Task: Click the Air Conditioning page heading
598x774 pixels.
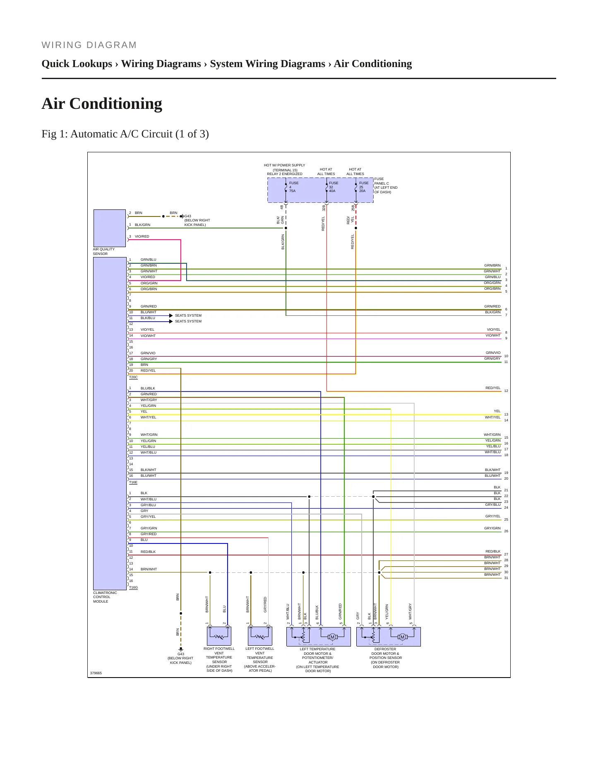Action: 102,103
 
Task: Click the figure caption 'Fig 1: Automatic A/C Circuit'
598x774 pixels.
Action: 125,134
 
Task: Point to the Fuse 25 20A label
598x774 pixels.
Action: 363,187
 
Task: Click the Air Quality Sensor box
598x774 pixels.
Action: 110,228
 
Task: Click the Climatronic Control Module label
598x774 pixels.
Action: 105,597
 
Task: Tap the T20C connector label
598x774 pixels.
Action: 133,377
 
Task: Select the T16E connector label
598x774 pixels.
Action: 133,482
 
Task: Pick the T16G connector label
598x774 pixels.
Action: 133,587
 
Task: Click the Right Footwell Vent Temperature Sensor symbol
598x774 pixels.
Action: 219,636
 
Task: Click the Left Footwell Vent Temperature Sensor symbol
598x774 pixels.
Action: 260,636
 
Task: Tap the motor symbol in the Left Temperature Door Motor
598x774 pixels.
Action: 332,637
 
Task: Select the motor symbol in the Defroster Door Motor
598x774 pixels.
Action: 402,637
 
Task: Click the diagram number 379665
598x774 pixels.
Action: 96,673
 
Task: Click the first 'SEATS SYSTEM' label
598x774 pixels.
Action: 188,315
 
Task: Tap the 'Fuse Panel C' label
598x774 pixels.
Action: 386,185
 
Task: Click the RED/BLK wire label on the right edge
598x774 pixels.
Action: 493,551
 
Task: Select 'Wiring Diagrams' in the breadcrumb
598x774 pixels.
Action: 161,64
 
